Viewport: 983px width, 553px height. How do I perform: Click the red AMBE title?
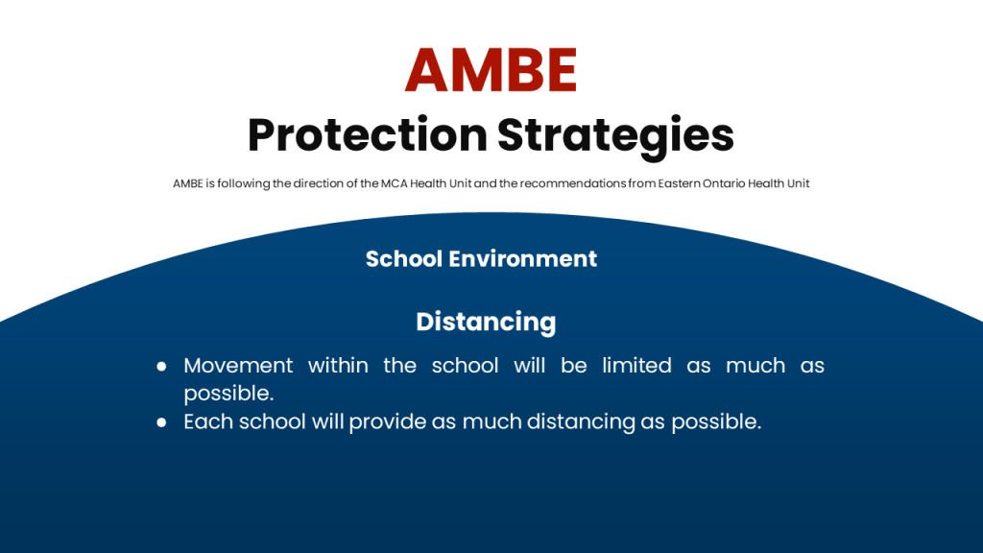tap(491, 69)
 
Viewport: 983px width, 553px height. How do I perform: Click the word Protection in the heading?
tap(368, 134)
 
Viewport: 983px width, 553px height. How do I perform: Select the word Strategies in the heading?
tap(615, 136)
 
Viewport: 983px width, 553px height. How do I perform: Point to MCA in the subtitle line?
tap(394, 183)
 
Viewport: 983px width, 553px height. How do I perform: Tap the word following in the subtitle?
tap(244, 184)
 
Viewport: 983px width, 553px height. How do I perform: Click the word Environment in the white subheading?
tap(523, 259)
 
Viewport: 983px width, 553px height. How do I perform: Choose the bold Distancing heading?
tap(486, 323)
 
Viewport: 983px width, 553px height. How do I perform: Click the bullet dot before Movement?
tap(161, 366)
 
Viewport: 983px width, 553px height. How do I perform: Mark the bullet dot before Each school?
tap(161, 422)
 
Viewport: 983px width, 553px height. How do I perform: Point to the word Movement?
tap(238, 366)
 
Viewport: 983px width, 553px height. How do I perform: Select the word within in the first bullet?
tap(338, 365)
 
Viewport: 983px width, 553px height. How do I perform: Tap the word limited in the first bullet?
tap(636, 365)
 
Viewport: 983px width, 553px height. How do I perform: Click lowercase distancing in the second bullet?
tap(581, 422)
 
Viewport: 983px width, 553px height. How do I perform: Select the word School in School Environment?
tap(404, 259)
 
